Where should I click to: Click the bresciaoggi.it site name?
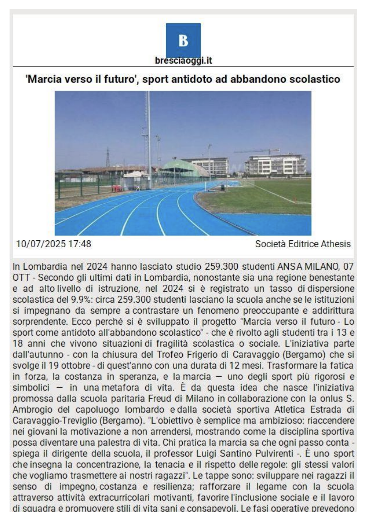click(x=183, y=61)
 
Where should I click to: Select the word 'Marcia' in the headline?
click(x=45, y=79)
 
